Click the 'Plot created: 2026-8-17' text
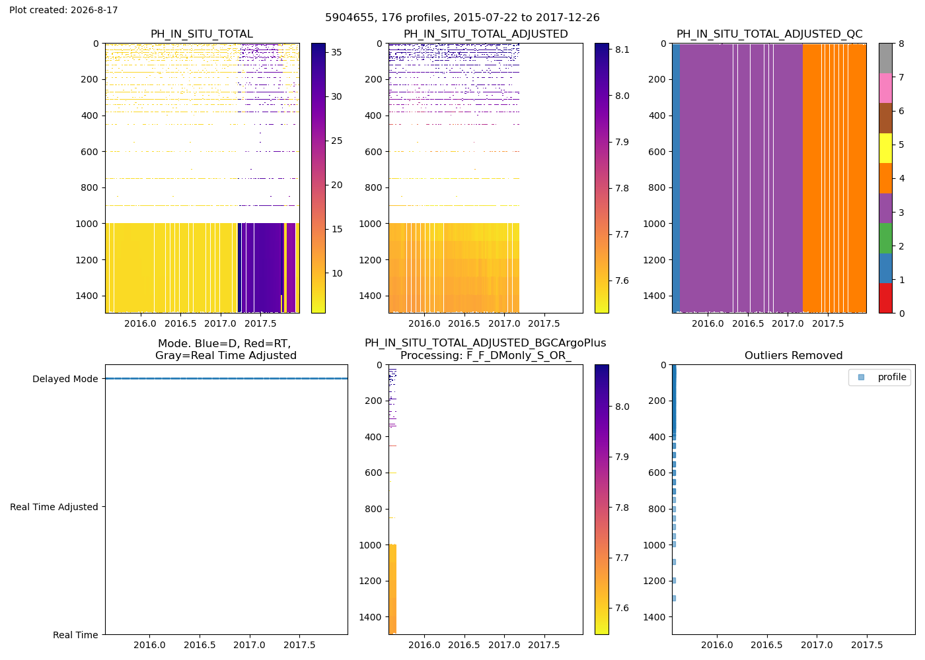pyautogui.click(x=63, y=10)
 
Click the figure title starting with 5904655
pyautogui.click(x=462, y=17)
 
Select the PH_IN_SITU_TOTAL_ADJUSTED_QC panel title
pyautogui.click(x=769, y=34)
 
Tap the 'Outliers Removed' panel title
pyautogui.click(x=794, y=355)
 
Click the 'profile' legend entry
pyautogui.click(x=891, y=377)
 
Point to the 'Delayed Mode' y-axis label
pyautogui.click(x=65, y=379)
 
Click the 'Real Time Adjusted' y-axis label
pyautogui.click(x=54, y=507)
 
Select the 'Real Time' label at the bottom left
pyautogui.click(x=75, y=635)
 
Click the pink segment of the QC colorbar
pyautogui.click(x=885, y=88)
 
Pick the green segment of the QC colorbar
pyautogui.click(x=885, y=238)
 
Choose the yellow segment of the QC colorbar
pyautogui.click(x=885, y=148)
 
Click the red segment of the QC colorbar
pyautogui.click(x=885, y=298)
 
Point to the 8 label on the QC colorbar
pyautogui.click(x=901, y=44)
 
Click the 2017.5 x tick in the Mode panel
pyautogui.click(x=299, y=645)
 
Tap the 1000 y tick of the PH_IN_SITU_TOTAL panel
pyautogui.click(x=87, y=224)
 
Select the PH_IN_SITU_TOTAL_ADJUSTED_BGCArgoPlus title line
pyautogui.click(x=485, y=343)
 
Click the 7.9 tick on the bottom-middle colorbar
pyautogui.click(x=622, y=457)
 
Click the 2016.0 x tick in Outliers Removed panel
pyautogui.click(x=717, y=645)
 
